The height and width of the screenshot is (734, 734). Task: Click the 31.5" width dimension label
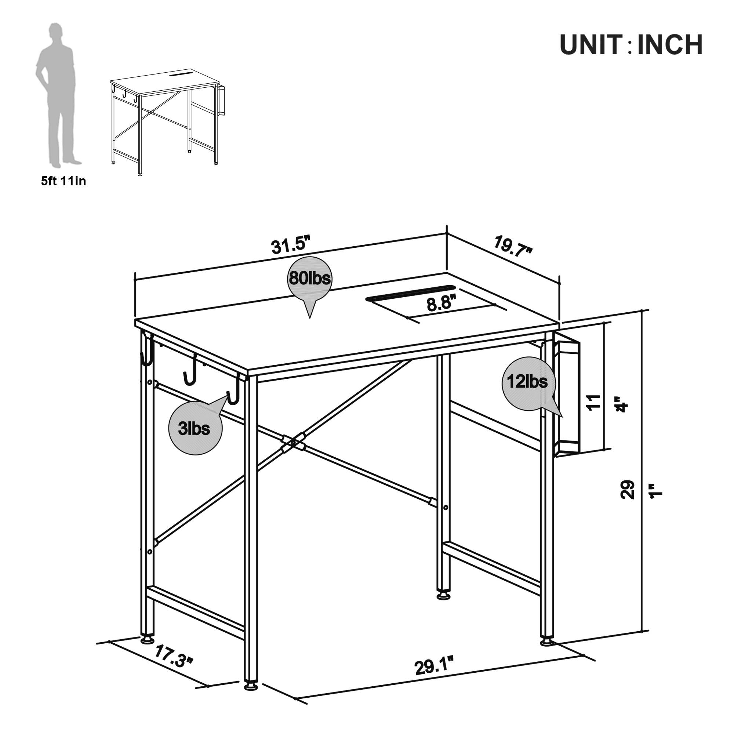[x=291, y=246]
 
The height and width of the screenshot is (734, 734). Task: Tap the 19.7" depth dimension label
[x=513, y=246]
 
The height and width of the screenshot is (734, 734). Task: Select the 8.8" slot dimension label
[x=441, y=304]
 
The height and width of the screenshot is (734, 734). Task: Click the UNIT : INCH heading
[x=631, y=45]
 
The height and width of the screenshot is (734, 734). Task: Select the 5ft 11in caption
[x=64, y=182]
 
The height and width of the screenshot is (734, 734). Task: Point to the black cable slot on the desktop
[x=411, y=293]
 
